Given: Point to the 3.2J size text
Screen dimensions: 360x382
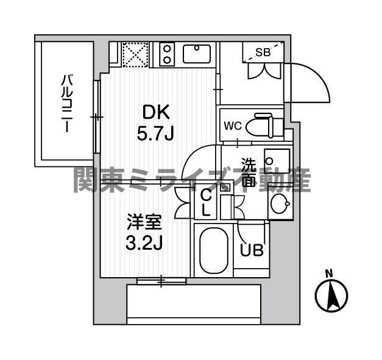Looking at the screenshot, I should coord(144,242).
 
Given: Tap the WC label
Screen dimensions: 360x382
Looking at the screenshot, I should coord(233,126).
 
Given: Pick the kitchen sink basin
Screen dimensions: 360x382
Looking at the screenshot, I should coord(197,54).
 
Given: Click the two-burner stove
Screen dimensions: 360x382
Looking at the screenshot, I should coord(168,54).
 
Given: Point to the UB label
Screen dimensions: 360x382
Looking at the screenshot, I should coord(251,250).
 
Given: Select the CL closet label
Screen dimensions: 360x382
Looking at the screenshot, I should coord(206,203).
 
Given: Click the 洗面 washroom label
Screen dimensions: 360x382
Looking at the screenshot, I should coord(249,172).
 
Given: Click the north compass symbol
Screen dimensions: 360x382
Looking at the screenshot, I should coord(331,296).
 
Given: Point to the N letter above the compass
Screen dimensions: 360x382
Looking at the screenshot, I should coord(329,273).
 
